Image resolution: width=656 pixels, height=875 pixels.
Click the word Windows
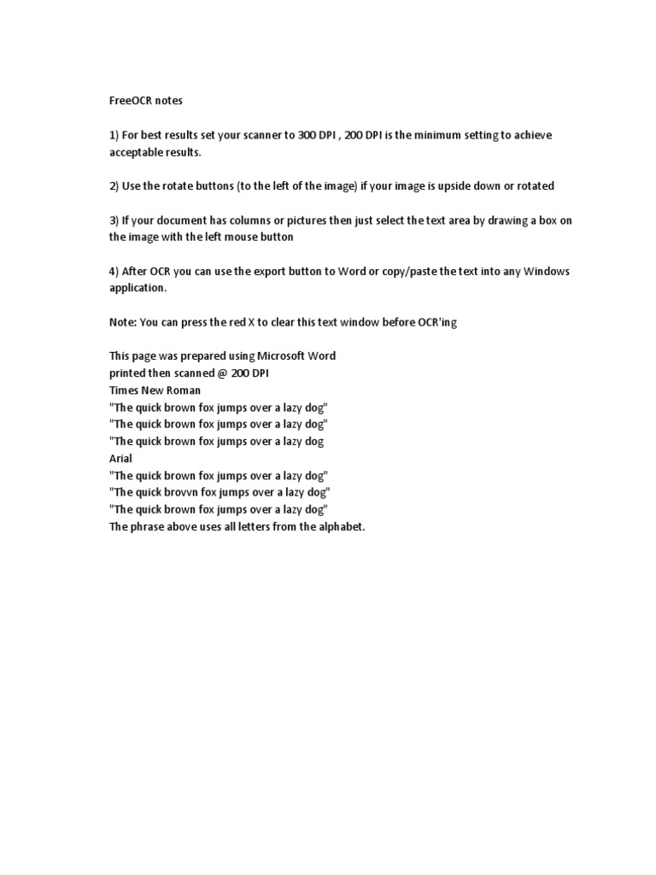coord(546,272)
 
